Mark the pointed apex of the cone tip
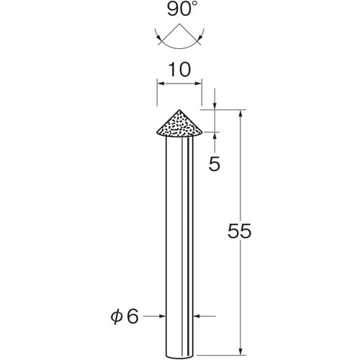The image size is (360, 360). [179, 109]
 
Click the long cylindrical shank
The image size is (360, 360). [179, 238]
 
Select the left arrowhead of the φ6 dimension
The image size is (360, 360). [163, 315]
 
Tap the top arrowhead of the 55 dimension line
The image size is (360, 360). [239, 114]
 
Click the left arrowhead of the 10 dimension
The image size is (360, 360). [160, 86]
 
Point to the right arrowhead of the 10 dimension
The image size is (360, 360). [199, 86]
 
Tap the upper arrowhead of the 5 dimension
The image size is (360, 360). [215, 107]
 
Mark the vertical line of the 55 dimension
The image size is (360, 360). [239, 180]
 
